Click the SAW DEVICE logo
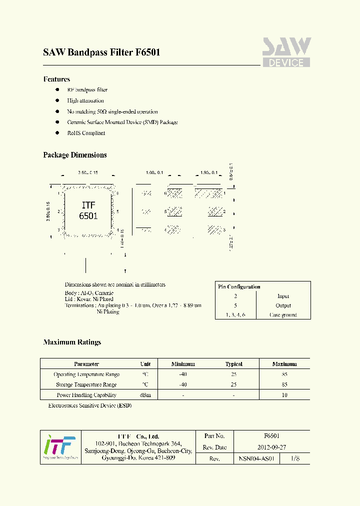click(286, 52)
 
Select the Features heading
click(56, 79)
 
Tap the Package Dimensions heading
click(75, 155)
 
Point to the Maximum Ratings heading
click(72, 342)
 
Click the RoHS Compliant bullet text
click(86, 133)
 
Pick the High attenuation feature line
click(85, 100)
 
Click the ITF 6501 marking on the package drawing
click(88, 211)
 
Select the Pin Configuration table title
click(239, 286)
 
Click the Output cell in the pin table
click(283, 305)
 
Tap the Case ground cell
click(283, 315)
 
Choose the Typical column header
click(233, 364)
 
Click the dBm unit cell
click(145, 395)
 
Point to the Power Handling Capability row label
click(86, 395)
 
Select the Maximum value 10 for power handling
click(284, 395)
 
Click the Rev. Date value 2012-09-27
click(271, 447)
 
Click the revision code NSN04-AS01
click(256, 458)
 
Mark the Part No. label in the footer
click(214, 436)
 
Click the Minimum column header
click(183, 364)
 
